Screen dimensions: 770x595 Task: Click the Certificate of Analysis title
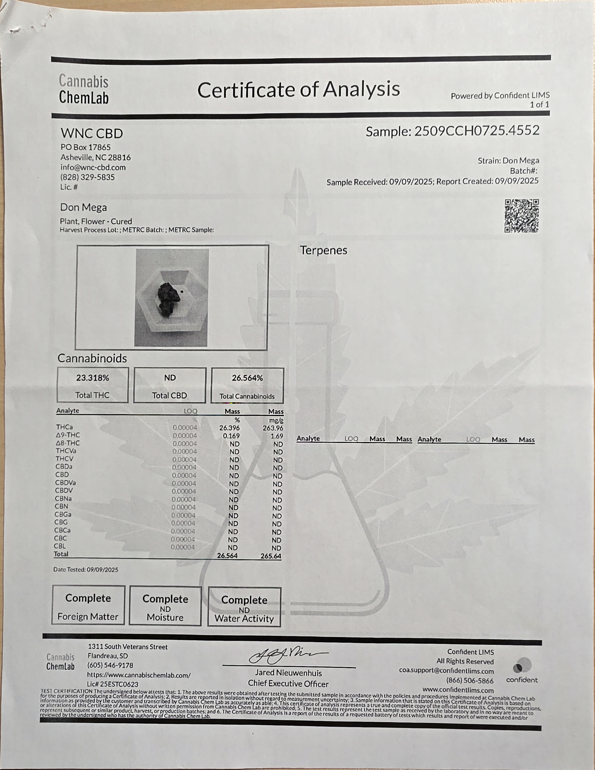coord(298,89)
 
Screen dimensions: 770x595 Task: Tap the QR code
coord(521,216)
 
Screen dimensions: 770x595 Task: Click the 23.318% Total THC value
coord(93,378)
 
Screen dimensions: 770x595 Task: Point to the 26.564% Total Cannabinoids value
coord(247,378)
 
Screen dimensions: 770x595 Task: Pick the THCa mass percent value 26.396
coord(229,428)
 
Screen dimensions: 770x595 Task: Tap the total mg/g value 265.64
coord(270,556)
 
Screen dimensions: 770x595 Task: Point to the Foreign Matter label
coord(88,617)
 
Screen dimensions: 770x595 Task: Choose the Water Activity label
coord(244,619)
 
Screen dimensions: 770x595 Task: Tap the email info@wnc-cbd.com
coord(93,167)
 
